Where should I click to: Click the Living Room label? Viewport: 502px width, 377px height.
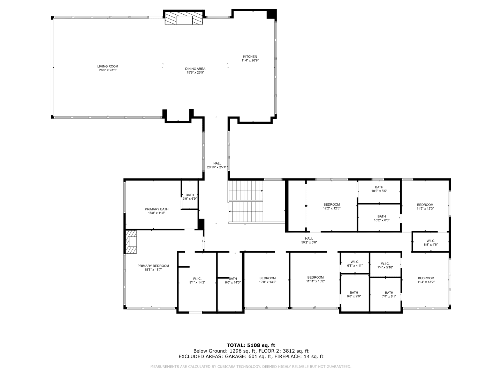(x=108, y=66)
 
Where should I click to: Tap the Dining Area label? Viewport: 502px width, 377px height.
(x=195, y=69)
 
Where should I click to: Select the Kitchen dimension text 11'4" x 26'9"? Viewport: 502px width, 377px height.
(x=250, y=60)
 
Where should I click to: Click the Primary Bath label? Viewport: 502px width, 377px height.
(x=157, y=209)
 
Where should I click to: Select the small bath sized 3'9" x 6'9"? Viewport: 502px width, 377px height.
(x=190, y=195)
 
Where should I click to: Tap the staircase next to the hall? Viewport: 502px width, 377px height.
(x=246, y=201)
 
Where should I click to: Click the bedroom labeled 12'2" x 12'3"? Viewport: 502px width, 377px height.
(x=332, y=206)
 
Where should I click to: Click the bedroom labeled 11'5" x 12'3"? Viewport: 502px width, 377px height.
(x=425, y=206)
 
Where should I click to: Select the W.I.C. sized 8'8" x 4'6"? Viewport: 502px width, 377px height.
(x=431, y=242)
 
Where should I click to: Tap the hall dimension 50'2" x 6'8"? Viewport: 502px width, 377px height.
(x=309, y=242)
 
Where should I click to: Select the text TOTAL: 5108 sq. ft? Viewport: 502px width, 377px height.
(x=251, y=345)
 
